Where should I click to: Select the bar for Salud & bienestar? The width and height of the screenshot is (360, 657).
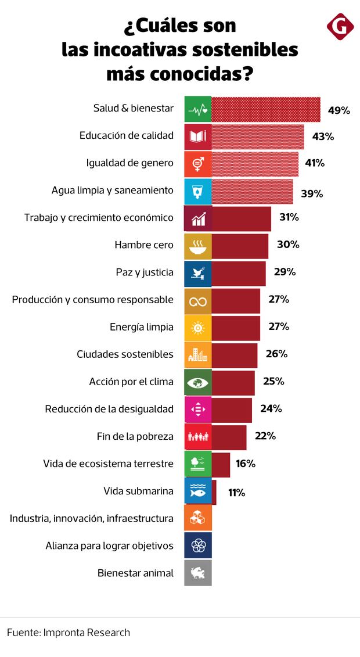click(x=265, y=109)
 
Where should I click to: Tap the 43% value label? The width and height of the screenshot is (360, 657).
click(x=323, y=137)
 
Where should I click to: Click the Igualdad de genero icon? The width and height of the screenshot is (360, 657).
click(x=197, y=163)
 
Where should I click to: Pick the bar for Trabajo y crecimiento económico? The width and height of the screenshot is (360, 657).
click(x=241, y=218)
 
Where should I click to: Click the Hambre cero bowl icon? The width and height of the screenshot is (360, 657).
click(x=197, y=245)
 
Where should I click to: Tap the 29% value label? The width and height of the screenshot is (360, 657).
click(x=285, y=272)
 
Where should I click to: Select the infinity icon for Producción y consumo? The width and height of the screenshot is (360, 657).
click(x=197, y=300)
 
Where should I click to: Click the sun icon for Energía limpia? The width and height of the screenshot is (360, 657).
click(x=197, y=327)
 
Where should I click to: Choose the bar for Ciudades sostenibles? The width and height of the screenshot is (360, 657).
click(x=234, y=354)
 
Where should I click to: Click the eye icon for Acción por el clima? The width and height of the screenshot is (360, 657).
click(x=197, y=382)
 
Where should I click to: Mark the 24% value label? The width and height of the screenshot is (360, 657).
click(x=271, y=408)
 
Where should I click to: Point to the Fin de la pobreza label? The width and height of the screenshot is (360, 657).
click(x=135, y=436)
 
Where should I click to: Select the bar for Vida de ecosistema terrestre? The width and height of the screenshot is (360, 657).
click(x=221, y=463)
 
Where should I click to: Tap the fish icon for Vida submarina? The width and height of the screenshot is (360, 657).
click(x=197, y=491)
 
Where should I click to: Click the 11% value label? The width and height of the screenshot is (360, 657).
click(x=236, y=493)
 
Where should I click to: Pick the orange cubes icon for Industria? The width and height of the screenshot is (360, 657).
click(x=197, y=518)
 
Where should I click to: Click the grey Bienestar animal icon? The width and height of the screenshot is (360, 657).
click(x=197, y=573)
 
